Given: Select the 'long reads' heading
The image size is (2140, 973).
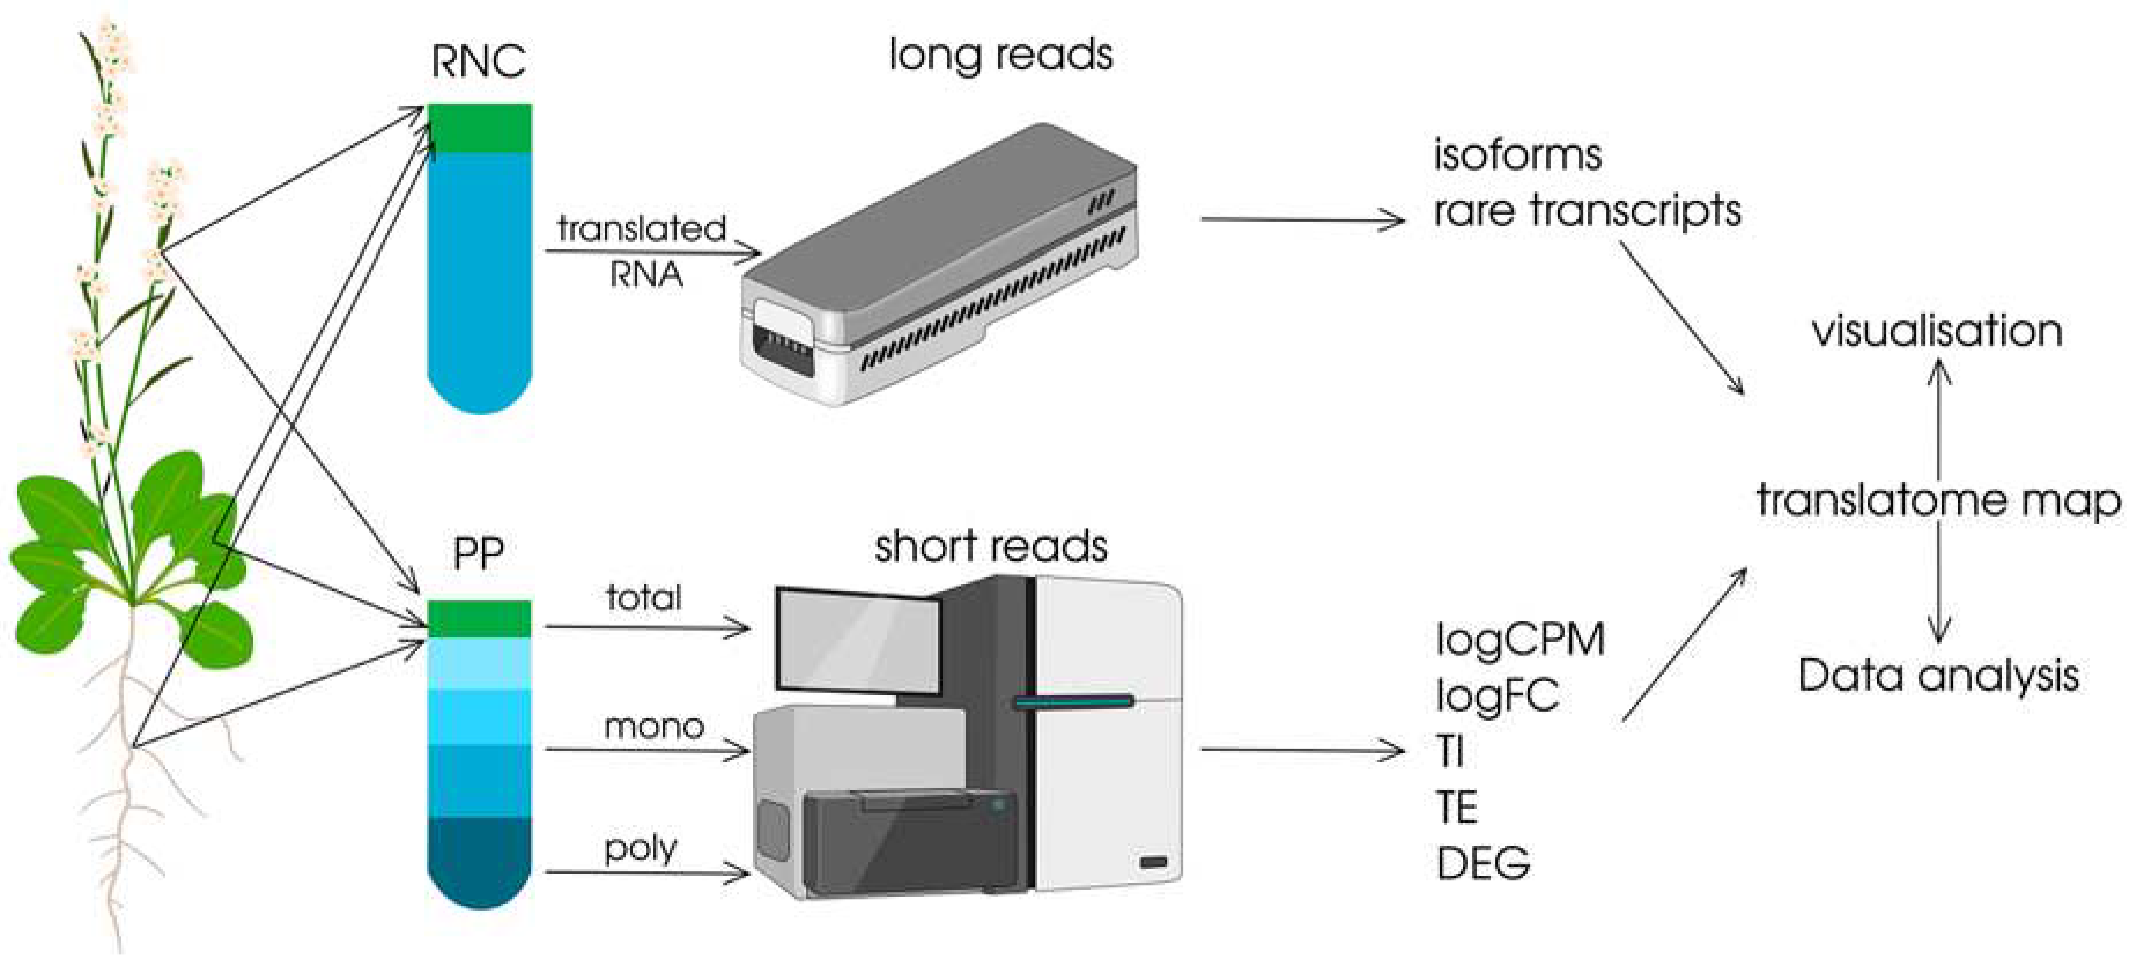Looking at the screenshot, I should [x=1000, y=56].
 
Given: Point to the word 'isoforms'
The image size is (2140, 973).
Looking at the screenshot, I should [x=1517, y=156].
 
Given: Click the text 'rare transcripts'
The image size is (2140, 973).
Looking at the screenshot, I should [x=1587, y=210].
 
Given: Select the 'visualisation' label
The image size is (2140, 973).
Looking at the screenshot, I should [x=1936, y=331].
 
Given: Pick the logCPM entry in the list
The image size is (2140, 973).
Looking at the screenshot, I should [x=1520, y=640].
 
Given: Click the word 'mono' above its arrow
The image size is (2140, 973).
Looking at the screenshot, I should [x=654, y=727].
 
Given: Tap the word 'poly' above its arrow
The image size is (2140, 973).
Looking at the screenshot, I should [x=641, y=849].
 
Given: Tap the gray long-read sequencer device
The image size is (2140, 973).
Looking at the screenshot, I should [x=938, y=266].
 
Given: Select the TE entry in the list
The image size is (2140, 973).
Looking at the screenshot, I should [x=1457, y=808].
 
